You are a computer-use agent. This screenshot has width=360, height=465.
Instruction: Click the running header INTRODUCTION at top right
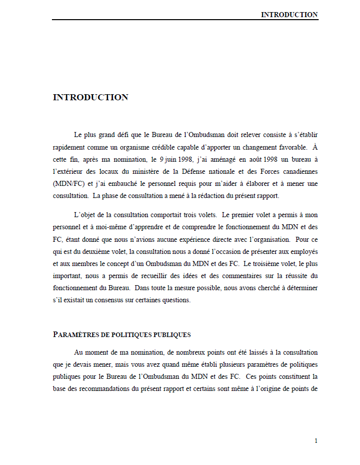[x=289, y=15]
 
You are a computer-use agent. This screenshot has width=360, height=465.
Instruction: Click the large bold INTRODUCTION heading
[x=90, y=97]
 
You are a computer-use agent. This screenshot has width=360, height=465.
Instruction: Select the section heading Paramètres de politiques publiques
[x=122, y=335]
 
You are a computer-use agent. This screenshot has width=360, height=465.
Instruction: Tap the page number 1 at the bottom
[x=316, y=441]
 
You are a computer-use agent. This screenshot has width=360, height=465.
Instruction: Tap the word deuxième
[x=107, y=251]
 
